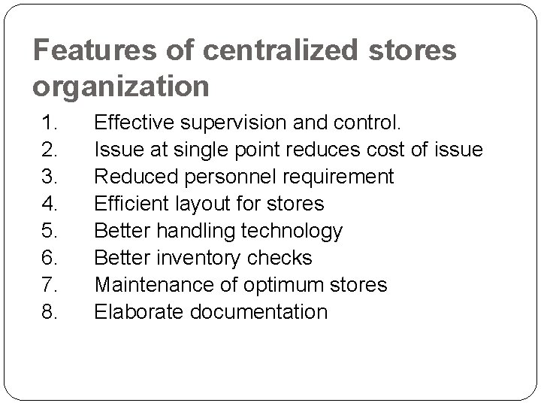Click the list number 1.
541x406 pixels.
[x=50, y=123]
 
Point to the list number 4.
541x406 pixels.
[x=50, y=204]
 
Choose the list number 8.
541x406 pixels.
[x=50, y=312]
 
